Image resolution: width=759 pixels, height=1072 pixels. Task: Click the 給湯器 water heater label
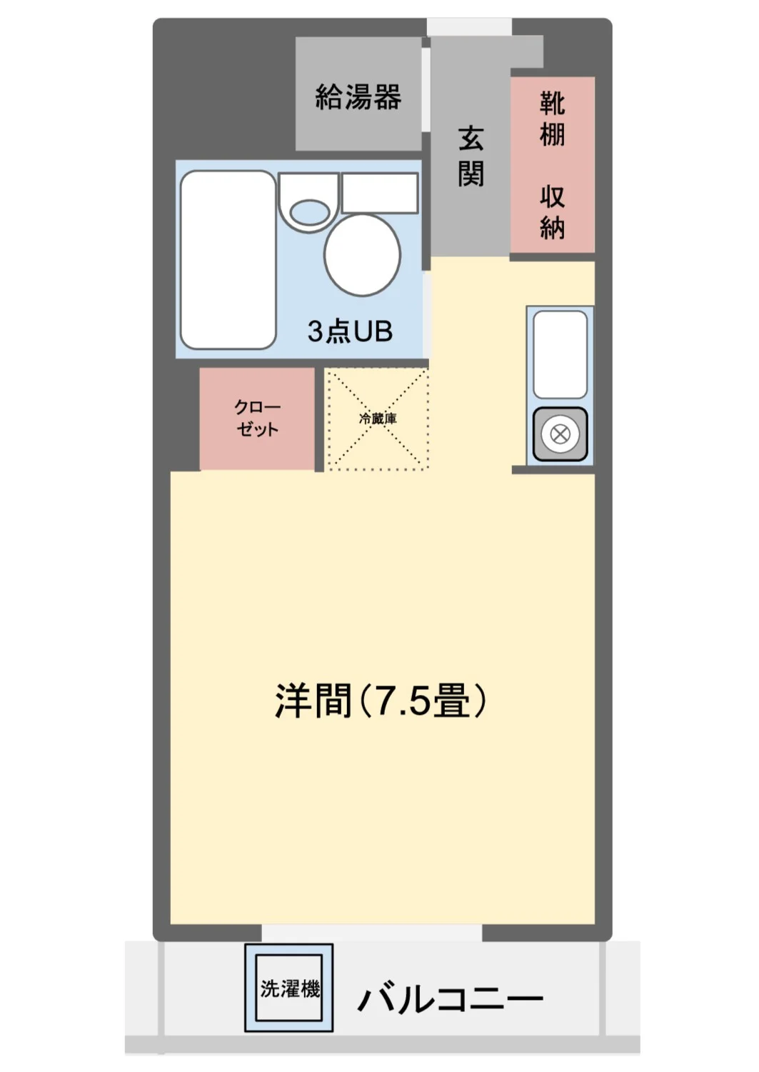358,96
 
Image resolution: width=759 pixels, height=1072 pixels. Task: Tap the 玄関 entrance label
471,156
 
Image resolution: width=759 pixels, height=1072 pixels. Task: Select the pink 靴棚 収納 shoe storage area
552,164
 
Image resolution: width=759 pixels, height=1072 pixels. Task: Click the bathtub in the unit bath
228,260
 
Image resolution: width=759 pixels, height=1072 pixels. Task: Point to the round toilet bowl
362,254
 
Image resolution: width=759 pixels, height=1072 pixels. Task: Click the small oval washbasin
310,213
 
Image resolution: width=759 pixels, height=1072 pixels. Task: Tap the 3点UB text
350,331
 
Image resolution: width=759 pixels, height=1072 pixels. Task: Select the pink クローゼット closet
257,419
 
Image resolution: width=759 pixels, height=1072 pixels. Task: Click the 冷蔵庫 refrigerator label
378,419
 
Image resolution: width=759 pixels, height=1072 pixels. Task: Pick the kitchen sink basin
560,354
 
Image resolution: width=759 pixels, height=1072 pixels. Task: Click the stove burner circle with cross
559,434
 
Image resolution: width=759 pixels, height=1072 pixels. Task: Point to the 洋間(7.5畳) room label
381,701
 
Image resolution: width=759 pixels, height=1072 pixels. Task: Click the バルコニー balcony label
451,998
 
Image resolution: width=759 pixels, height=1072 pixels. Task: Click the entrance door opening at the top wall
469,26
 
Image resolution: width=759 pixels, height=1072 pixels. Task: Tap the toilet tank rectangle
380,193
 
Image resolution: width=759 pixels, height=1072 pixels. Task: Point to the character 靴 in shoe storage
552,103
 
